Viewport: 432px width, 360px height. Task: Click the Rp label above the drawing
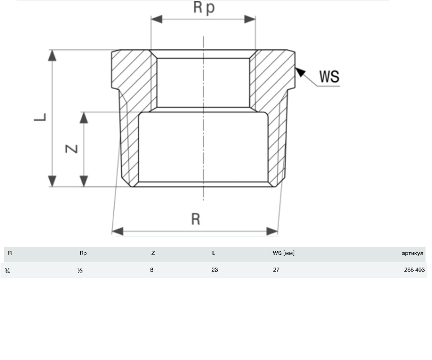tap(204, 8)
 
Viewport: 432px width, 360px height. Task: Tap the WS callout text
tap(329, 77)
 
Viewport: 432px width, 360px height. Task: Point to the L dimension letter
tap(40, 117)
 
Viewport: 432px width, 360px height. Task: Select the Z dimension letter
tap(71, 149)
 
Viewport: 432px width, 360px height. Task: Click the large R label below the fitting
tap(196, 219)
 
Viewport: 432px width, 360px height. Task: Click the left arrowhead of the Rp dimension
tap(157, 19)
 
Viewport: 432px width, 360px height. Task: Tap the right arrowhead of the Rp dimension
tap(250, 19)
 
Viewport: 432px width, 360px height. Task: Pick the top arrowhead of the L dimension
tap(52, 55)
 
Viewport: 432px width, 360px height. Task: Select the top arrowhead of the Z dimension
tap(84, 118)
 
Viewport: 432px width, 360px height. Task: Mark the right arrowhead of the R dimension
tap(272, 231)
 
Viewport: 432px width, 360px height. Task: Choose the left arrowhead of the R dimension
tap(117, 231)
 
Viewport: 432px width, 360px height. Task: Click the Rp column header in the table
tap(83, 253)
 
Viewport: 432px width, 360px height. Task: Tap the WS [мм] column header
tap(283, 253)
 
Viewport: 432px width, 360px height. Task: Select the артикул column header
tap(412, 253)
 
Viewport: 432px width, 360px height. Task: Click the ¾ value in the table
tap(7, 270)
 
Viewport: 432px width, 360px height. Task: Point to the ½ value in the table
tap(80, 270)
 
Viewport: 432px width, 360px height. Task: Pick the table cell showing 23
tap(215, 270)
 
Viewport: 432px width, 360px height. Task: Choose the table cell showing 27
tap(276, 270)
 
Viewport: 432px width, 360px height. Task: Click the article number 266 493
tap(414, 270)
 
